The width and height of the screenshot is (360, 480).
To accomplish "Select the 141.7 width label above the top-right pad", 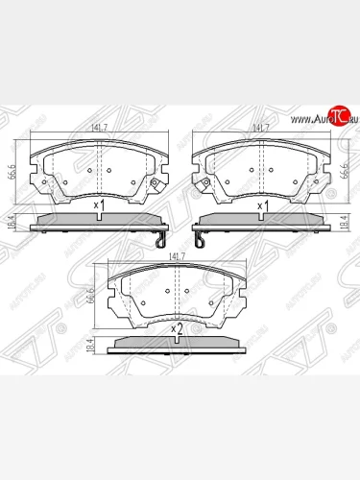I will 260,126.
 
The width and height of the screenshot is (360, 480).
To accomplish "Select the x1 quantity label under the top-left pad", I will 99,205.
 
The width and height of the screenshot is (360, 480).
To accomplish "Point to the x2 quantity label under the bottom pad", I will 178,329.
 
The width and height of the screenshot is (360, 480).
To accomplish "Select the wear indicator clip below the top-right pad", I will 196,234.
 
